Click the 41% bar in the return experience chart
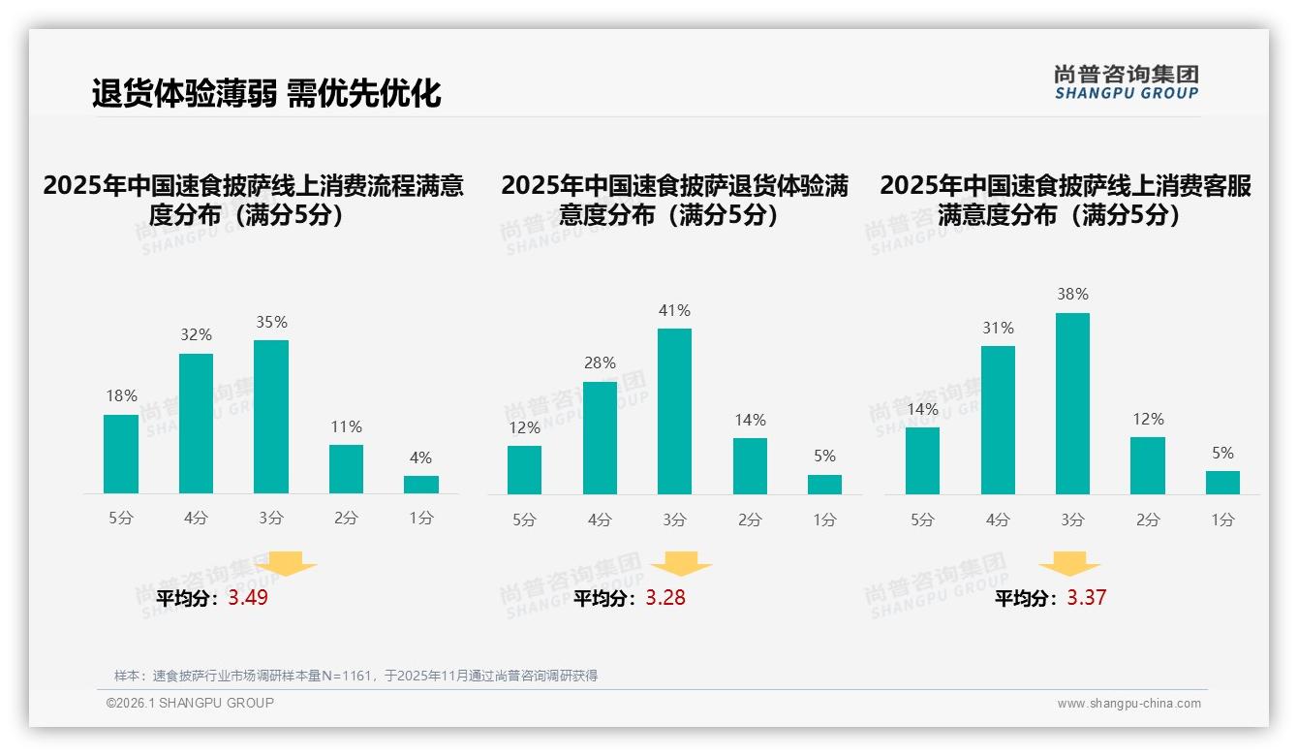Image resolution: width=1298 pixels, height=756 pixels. coord(674,411)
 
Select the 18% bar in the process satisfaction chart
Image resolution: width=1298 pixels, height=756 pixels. coord(121,454)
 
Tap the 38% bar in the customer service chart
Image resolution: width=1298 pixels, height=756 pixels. coord(1072,403)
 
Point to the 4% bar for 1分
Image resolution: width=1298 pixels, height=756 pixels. coord(421,484)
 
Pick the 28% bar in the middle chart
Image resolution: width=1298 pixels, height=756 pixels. coord(600,437)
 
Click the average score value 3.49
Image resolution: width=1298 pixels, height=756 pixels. coord(248,598)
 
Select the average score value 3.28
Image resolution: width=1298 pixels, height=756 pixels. coord(665,598)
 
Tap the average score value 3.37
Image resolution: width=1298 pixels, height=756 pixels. coord(1086,598)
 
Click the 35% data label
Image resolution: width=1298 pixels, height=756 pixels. coord(271,323)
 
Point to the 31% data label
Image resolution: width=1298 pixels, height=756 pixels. coord(998,329)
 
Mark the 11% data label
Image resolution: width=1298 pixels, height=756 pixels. coord(346,427)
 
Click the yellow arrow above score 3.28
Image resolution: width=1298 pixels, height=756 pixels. coord(681,564)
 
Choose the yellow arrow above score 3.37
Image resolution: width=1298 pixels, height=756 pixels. coord(1069,564)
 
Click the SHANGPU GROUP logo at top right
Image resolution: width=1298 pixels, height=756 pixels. coord(1127,82)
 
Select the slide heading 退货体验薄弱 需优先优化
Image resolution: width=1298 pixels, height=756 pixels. coord(266,93)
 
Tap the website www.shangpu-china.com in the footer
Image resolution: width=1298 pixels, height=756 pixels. coord(1128,704)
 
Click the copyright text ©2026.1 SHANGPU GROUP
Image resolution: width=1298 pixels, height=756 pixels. coord(190,703)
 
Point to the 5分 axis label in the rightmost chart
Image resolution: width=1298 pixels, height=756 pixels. coord(922,520)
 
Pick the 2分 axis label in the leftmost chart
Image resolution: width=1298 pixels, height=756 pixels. coord(346,519)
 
